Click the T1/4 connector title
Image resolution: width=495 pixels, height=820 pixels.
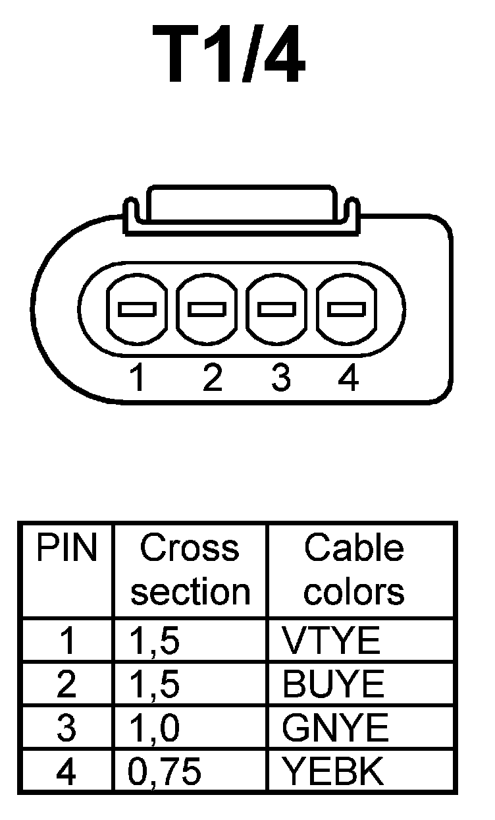[x=230, y=58]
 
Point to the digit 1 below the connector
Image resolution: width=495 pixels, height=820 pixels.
[x=137, y=378]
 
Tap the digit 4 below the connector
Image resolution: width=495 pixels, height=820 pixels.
[x=348, y=378]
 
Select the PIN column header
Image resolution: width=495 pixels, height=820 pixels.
[x=66, y=548]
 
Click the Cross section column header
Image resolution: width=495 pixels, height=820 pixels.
[x=190, y=570]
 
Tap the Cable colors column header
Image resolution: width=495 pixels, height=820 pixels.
[x=354, y=570]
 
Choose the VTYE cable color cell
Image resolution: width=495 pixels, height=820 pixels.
[x=331, y=640]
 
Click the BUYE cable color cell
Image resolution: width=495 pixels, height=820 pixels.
[x=332, y=685]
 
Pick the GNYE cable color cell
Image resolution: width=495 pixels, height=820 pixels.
[x=335, y=728]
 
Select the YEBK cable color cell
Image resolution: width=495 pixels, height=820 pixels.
[x=332, y=771]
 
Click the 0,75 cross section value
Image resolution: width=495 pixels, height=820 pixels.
[x=165, y=771]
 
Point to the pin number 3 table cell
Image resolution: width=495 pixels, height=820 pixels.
[x=66, y=728]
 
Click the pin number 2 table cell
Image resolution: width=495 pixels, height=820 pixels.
[x=66, y=685]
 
